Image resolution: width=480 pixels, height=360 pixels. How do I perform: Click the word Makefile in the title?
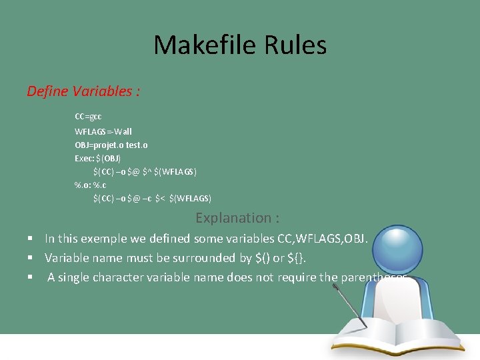click(x=200, y=45)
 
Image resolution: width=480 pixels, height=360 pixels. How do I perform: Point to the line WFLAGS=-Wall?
click(x=103, y=131)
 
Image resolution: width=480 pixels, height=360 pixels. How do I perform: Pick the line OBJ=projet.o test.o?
click(x=111, y=145)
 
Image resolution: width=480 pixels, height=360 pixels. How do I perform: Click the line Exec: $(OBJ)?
click(x=98, y=158)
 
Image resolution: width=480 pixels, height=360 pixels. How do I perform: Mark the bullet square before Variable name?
click(x=31, y=258)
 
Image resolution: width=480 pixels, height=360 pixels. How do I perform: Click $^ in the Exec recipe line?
click(x=147, y=172)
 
